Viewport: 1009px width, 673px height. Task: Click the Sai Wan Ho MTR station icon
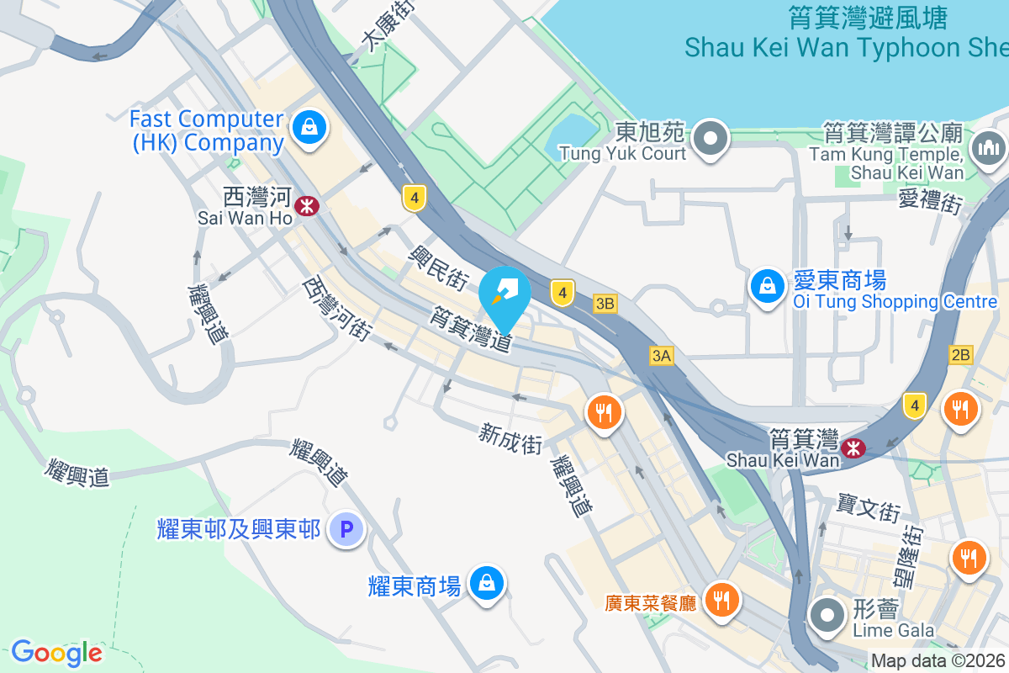(x=308, y=205)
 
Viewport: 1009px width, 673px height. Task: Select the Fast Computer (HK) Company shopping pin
(x=309, y=128)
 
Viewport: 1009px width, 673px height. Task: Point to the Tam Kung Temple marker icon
(x=988, y=149)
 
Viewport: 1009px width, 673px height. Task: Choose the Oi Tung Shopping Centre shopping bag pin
(x=767, y=287)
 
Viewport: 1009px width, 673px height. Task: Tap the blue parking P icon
(x=345, y=530)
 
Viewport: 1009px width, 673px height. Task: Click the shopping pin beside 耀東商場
(x=486, y=582)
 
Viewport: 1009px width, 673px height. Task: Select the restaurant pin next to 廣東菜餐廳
(x=721, y=600)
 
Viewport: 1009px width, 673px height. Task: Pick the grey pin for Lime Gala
(x=827, y=616)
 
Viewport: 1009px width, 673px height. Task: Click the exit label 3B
(x=605, y=304)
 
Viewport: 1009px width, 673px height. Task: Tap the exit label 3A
(x=662, y=357)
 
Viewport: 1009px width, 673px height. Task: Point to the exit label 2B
(x=960, y=355)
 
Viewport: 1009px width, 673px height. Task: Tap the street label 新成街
(x=510, y=439)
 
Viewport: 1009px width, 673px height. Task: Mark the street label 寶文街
(x=869, y=508)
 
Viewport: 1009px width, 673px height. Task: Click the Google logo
(x=56, y=653)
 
